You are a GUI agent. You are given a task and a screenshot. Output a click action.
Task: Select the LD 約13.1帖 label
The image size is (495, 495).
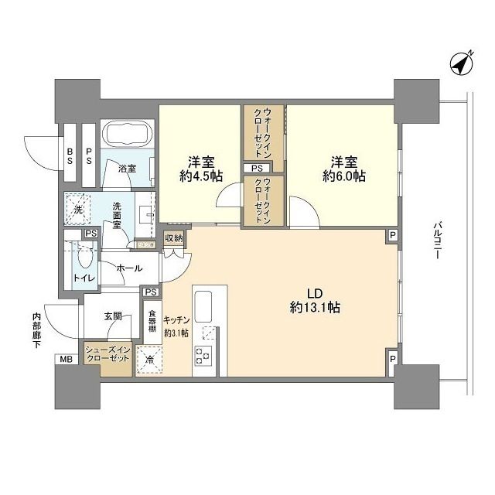[315, 301]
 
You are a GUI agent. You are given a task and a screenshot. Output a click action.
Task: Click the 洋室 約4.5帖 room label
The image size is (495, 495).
[200, 169]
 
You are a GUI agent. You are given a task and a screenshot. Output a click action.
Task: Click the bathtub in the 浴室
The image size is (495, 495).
[128, 136]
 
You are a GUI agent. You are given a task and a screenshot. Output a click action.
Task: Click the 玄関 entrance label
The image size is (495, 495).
[113, 316]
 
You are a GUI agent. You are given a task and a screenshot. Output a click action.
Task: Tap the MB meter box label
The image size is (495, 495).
[63, 360]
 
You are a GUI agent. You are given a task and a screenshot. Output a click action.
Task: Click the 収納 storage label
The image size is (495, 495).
[174, 238]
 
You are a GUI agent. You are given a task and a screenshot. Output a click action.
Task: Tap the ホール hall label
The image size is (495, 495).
[128, 268]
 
